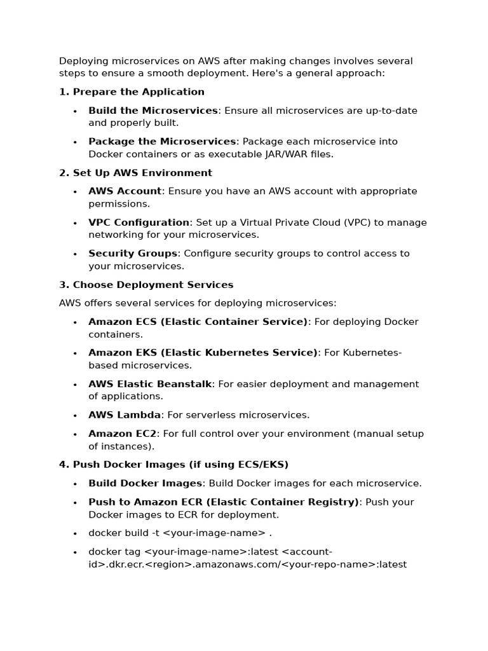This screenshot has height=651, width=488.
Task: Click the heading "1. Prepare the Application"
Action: (x=132, y=92)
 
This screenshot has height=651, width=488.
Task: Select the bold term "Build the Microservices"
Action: (x=152, y=111)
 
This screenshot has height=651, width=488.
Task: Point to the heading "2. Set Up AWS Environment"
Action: (x=135, y=173)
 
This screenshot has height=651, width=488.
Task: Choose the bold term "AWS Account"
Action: (x=125, y=191)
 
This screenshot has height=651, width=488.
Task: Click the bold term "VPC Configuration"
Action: (x=139, y=223)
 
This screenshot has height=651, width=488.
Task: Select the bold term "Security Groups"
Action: (x=132, y=254)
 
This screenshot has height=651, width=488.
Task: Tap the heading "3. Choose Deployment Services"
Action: (x=146, y=285)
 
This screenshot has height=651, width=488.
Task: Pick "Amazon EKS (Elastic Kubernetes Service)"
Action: (x=203, y=353)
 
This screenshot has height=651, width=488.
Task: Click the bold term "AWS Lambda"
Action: (x=124, y=415)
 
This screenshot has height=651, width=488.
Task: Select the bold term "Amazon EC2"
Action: (x=122, y=434)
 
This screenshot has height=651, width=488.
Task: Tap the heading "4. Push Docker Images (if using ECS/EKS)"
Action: (x=173, y=465)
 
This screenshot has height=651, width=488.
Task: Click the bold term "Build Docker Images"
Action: (x=145, y=483)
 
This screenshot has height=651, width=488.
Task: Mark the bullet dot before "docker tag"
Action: (x=74, y=552)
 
